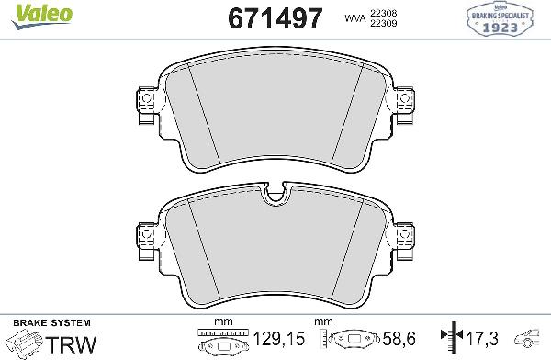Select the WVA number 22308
click(382, 12)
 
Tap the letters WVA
click(354, 17)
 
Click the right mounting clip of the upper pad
click(404, 107)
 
